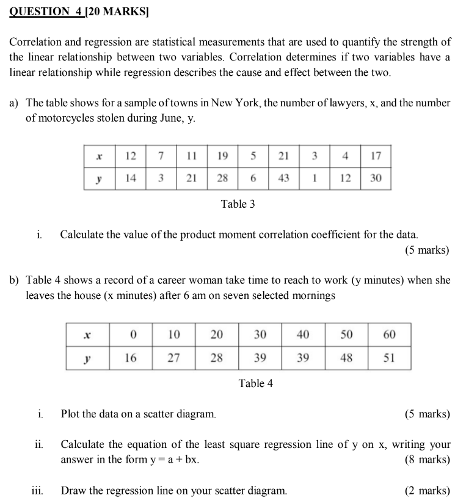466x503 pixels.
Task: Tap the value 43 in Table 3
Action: (x=283, y=177)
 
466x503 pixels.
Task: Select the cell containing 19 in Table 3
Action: (x=222, y=156)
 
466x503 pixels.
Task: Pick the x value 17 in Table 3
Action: (x=376, y=156)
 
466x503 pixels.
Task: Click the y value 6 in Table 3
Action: (x=252, y=177)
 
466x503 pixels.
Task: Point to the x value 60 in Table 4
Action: (x=390, y=334)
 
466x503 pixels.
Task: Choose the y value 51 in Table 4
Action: (x=390, y=358)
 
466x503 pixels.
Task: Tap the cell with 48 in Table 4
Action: (x=346, y=358)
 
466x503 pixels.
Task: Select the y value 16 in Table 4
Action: (x=131, y=358)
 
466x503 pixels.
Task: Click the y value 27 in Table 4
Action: (x=173, y=358)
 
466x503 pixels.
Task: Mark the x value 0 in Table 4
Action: (x=131, y=334)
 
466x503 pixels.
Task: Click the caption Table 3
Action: (x=238, y=204)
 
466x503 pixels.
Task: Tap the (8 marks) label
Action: (x=427, y=460)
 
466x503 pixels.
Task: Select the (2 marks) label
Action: (x=427, y=490)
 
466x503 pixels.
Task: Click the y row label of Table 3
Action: (x=100, y=178)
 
